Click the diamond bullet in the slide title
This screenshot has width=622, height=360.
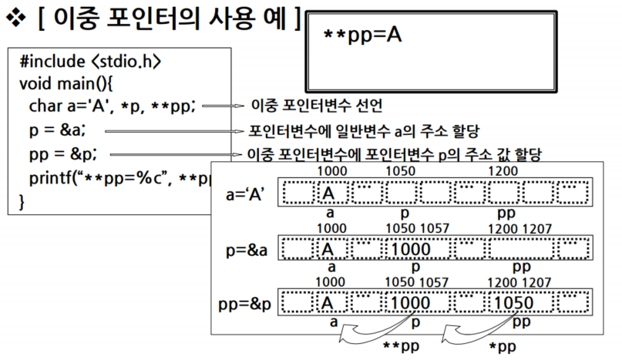15,21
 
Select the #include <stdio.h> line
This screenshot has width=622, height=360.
90,61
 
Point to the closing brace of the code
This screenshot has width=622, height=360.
22,201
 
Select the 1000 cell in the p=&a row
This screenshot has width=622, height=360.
415,249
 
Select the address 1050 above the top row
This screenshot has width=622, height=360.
400,169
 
